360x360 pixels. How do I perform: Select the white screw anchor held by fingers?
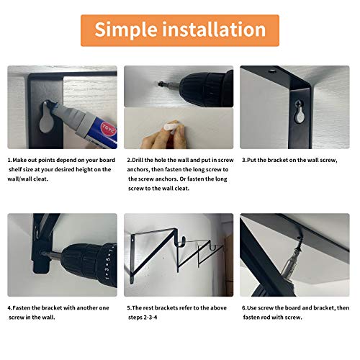[168, 127]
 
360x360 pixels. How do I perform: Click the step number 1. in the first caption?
[11, 160]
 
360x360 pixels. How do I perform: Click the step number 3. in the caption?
[244, 160]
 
